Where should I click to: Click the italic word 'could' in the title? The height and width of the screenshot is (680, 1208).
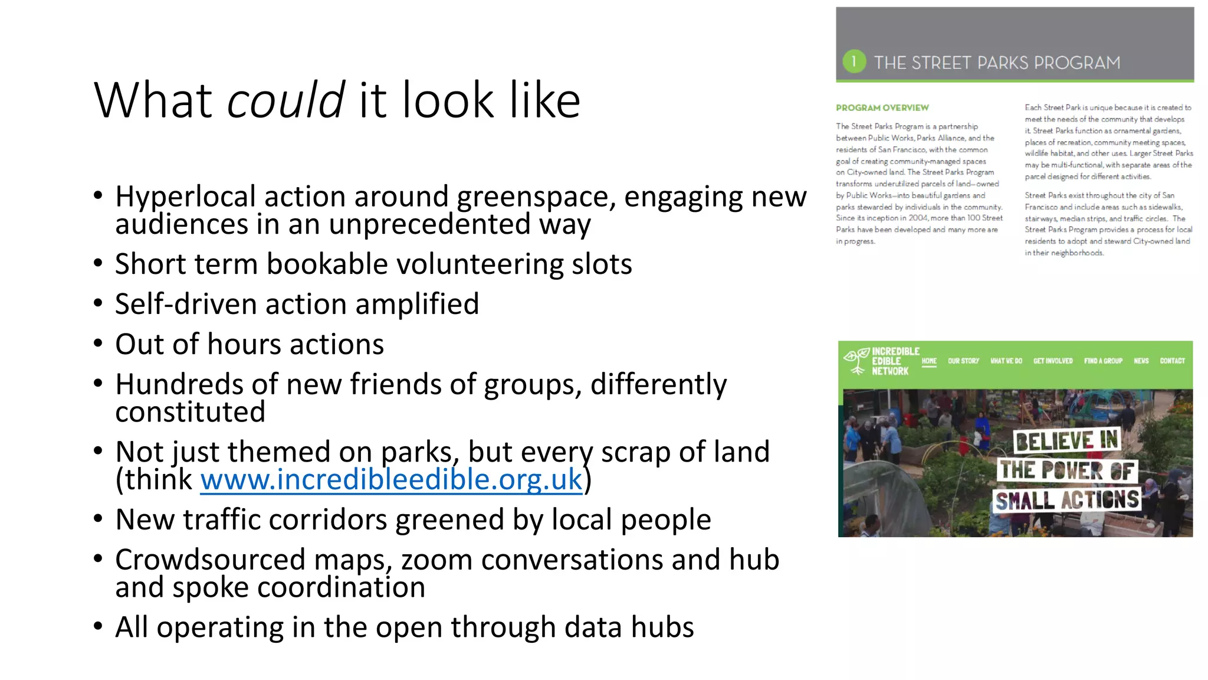[x=285, y=100]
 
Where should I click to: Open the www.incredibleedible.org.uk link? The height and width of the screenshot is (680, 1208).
[x=391, y=479]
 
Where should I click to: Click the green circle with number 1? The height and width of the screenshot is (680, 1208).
[x=854, y=61]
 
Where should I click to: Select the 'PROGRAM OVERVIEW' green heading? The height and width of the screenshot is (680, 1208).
[x=882, y=107]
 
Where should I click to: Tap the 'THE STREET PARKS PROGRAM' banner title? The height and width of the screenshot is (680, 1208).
[x=997, y=63]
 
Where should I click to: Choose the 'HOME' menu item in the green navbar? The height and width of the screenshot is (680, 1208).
[x=929, y=361]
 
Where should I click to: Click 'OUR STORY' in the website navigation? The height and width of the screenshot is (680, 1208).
[x=963, y=361]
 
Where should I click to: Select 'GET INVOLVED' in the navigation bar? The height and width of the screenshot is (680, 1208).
[x=1053, y=361]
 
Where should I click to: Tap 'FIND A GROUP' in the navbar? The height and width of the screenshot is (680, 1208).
[x=1103, y=361]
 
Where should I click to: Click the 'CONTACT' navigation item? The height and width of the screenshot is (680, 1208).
[x=1172, y=361]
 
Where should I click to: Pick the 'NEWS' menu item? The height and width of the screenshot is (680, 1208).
[x=1141, y=361]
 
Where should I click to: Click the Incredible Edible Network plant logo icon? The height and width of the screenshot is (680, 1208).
[x=856, y=360]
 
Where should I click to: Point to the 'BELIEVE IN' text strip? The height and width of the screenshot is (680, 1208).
[x=1066, y=441]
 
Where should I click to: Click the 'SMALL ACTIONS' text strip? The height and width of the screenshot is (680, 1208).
[x=1067, y=501]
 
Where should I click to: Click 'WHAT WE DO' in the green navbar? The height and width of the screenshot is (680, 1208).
[x=1006, y=361]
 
